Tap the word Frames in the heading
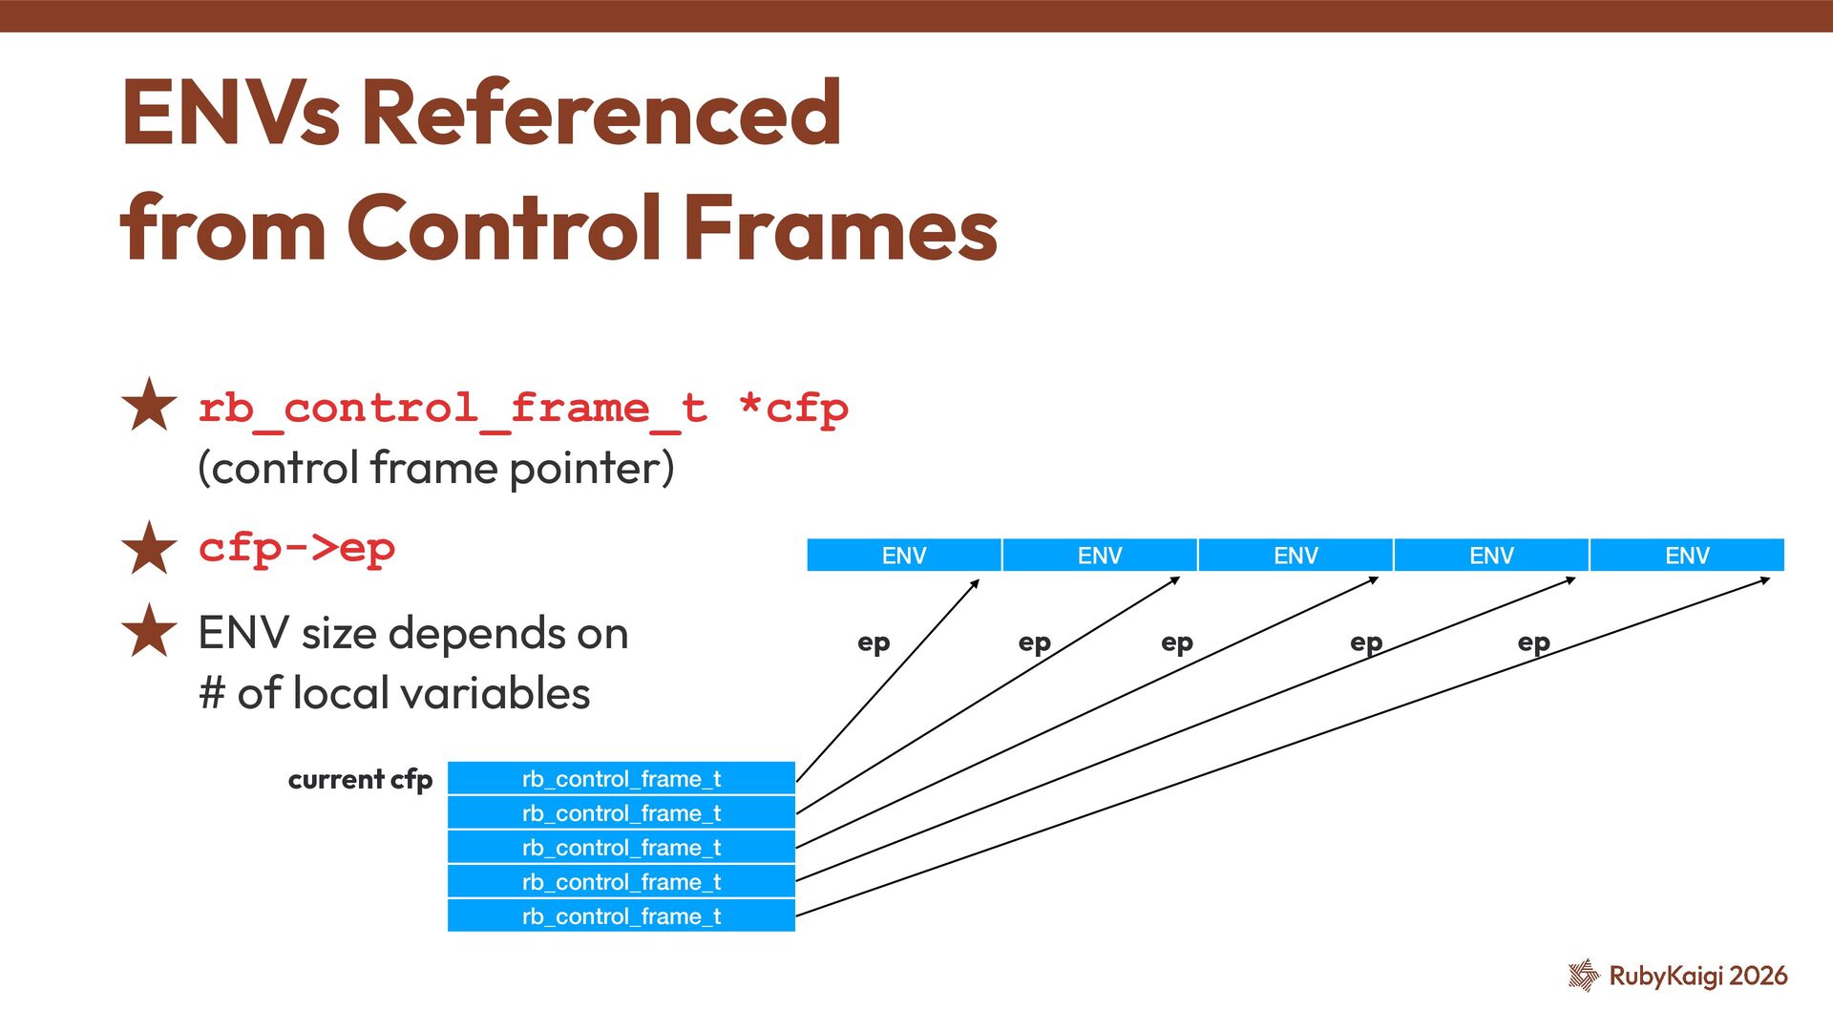(x=841, y=228)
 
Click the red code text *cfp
(x=793, y=409)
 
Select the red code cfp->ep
(x=297, y=548)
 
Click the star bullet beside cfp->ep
(x=150, y=548)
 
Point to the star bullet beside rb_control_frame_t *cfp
(x=150, y=406)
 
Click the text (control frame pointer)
(x=436, y=468)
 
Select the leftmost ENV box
(x=903, y=555)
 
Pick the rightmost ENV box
(x=1686, y=555)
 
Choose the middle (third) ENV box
(x=1295, y=555)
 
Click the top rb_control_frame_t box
(x=621, y=778)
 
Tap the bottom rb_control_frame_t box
(x=621, y=915)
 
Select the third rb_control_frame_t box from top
(x=621, y=847)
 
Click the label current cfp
(x=360, y=779)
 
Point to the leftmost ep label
(x=874, y=642)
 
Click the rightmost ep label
(x=1533, y=642)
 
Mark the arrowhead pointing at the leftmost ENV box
(x=975, y=583)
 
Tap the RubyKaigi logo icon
(x=1583, y=975)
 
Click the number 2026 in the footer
(x=1758, y=975)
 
